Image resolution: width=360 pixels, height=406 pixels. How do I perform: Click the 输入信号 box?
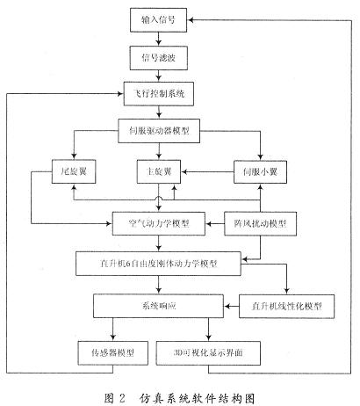coord(158,20)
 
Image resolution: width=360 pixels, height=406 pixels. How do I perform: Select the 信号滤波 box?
coord(159,58)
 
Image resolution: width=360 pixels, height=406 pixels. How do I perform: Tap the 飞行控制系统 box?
coord(159,94)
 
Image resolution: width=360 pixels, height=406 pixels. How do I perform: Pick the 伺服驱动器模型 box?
coord(159,131)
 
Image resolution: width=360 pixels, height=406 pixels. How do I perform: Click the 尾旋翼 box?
coord(74,171)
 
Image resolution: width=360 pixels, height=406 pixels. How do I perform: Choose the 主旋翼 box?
coord(159,171)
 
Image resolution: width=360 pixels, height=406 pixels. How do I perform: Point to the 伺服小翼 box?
coord(260,171)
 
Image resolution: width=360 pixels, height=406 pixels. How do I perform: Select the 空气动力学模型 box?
coord(159,224)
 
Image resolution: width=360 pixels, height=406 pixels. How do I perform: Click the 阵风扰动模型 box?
coord(260,224)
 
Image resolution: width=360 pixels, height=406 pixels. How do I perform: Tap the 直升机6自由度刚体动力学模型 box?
coord(158,264)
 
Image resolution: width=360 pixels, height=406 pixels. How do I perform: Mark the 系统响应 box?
coord(159,306)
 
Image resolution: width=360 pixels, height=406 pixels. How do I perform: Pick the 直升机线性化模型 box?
coord(286,307)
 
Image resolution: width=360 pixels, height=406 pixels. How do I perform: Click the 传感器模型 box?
coord(113,353)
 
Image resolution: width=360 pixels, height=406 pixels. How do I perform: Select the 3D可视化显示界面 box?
coord(208,353)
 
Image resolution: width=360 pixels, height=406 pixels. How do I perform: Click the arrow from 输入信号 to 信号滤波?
coord(159,39)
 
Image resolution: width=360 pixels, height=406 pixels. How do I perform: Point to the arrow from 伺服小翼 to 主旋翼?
coord(207,171)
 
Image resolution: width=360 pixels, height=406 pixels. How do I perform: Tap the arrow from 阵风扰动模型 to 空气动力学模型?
coord(215,224)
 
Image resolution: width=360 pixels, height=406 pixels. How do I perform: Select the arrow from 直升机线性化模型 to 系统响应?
coord(232,307)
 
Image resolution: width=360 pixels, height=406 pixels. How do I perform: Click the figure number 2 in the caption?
coord(122,398)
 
